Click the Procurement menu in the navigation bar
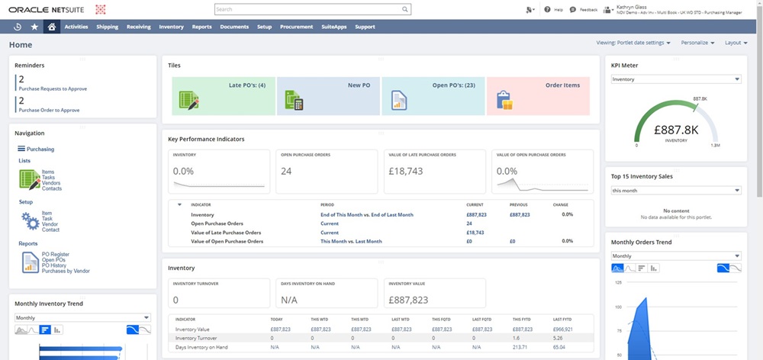point(296,27)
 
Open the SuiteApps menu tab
point(334,27)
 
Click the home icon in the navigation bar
point(51,27)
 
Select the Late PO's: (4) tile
point(223,95)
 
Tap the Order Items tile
point(538,95)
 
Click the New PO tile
point(328,95)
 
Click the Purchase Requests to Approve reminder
point(52,88)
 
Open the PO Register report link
point(55,254)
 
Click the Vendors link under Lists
point(52,183)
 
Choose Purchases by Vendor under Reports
point(66,270)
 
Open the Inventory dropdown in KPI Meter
point(676,79)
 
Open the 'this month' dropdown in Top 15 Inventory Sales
point(676,191)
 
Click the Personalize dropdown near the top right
point(697,43)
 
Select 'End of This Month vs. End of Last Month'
point(366,215)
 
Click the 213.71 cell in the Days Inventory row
point(521,347)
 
